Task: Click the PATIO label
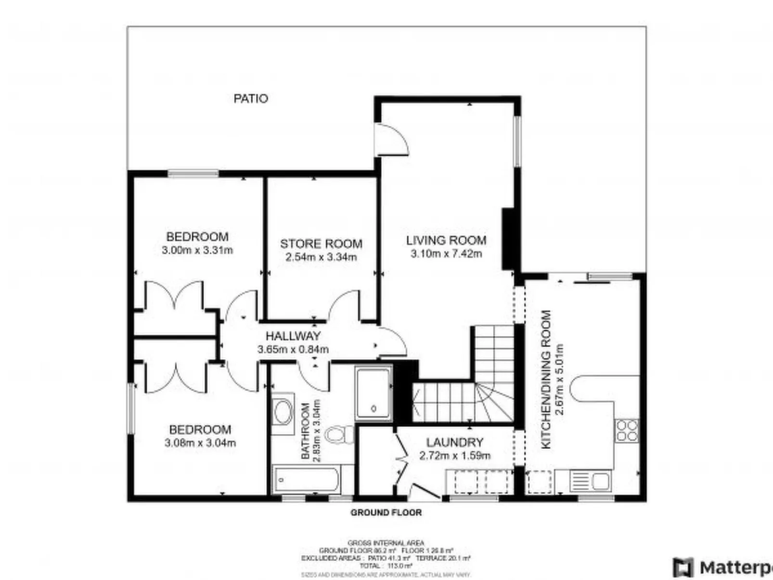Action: (x=250, y=99)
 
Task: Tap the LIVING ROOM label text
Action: (x=446, y=240)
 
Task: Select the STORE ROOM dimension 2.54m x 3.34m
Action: (x=321, y=257)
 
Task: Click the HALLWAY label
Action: (x=293, y=336)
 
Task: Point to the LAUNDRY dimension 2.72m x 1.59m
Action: (x=454, y=455)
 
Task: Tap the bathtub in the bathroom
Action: (x=306, y=479)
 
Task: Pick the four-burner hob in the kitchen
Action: (x=627, y=431)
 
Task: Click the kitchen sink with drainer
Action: (x=590, y=481)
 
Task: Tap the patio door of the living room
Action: (x=392, y=140)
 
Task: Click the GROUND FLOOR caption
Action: (x=386, y=513)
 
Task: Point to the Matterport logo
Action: (x=722, y=567)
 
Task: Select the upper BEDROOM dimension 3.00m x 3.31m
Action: (x=197, y=250)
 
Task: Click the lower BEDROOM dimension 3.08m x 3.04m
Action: (x=200, y=443)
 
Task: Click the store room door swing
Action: (x=345, y=305)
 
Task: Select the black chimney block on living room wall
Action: (x=507, y=239)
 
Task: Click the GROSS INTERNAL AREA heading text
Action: (x=386, y=543)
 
